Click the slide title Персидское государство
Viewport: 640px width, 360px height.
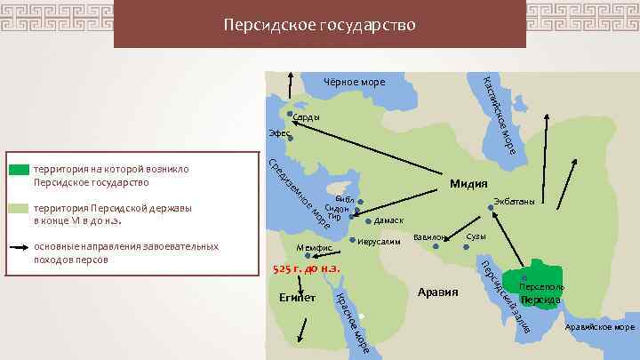[x=319, y=24]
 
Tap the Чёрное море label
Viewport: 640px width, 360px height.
[x=354, y=83]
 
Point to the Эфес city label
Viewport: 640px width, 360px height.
[x=280, y=133]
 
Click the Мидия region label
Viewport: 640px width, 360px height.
[x=468, y=184]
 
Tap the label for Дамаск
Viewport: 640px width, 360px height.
[x=389, y=220]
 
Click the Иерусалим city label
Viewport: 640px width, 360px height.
[x=385, y=241]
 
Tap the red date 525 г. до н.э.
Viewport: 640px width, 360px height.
[x=307, y=268]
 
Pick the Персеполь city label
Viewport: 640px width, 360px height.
[x=540, y=289]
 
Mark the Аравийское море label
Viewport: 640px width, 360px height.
[x=600, y=327]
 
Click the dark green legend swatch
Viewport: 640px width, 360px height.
[x=19, y=168]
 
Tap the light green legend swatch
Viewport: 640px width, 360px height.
[x=19, y=208]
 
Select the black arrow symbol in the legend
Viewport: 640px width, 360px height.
[x=19, y=247]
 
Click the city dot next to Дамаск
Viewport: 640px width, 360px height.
[x=368, y=220]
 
